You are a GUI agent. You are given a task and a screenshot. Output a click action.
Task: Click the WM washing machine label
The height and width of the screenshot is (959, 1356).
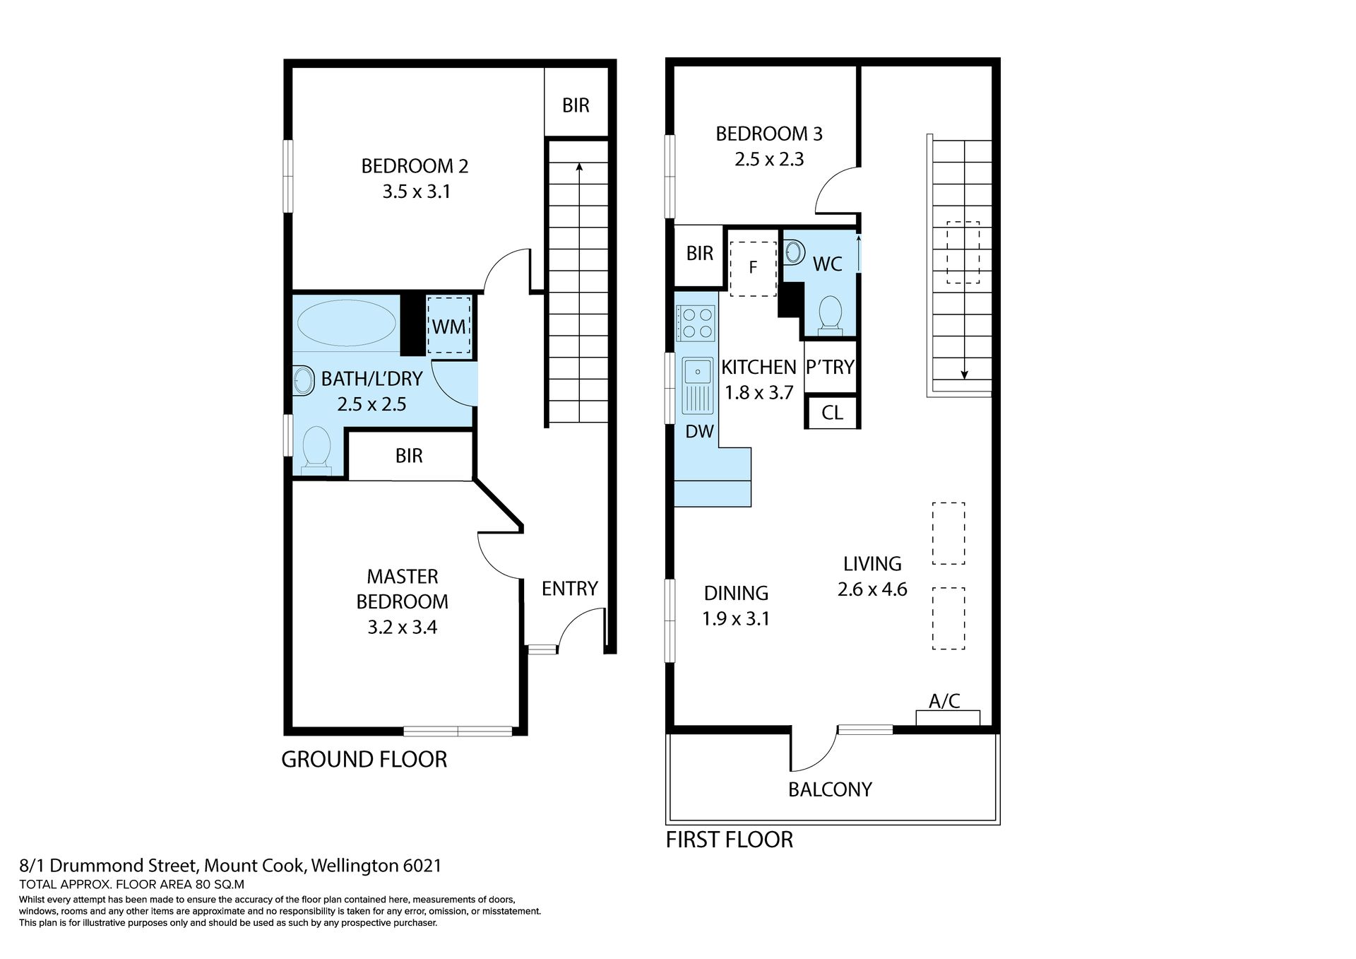(449, 326)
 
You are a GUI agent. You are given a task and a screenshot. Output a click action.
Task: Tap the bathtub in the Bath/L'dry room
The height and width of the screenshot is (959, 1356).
(346, 323)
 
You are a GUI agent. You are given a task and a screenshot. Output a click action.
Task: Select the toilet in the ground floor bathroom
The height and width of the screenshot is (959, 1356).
(316, 449)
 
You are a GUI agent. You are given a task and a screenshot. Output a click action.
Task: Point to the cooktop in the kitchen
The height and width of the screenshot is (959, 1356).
(696, 323)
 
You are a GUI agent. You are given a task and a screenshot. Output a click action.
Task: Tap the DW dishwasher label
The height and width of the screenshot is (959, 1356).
(699, 431)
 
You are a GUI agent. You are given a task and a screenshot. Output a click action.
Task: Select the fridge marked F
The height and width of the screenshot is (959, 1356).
(753, 267)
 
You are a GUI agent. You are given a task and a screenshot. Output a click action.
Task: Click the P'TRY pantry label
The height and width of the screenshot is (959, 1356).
(831, 367)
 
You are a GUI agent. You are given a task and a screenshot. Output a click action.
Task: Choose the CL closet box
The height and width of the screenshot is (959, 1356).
(832, 412)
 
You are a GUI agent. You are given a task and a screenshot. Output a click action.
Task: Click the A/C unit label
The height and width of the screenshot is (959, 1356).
(944, 701)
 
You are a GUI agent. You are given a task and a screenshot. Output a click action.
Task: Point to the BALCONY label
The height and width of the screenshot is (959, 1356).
(830, 789)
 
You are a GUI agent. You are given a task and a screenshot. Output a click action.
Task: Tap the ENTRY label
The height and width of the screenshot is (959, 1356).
(569, 589)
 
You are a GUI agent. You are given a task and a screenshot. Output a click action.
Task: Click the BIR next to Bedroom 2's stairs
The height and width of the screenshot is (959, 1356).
(576, 105)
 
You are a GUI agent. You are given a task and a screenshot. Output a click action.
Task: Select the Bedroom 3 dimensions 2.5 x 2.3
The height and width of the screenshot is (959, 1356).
(769, 160)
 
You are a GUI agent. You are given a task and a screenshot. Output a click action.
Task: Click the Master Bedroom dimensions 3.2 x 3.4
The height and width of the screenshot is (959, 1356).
(402, 628)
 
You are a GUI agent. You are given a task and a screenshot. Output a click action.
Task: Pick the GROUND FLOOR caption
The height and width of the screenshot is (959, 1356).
(364, 760)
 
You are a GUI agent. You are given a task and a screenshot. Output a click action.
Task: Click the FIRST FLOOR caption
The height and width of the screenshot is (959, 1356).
(730, 840)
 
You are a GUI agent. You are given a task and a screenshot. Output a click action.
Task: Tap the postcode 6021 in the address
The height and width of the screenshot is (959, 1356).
(422, 866)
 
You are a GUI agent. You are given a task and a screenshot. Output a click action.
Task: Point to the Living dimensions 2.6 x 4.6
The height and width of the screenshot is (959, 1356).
(872, 589)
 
